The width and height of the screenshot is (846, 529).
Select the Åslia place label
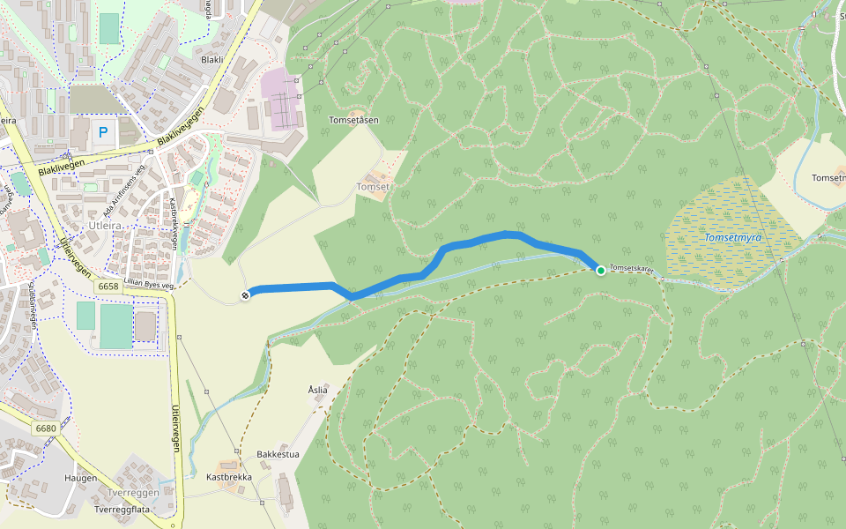tap(317, 390)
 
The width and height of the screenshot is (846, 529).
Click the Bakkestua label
tap(278, 455)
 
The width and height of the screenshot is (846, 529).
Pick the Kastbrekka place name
tap(229, 477)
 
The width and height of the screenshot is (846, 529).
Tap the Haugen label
tap(80, 478)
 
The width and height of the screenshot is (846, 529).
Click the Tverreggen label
tap(132, 493)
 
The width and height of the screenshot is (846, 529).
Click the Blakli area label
tap(212, 59)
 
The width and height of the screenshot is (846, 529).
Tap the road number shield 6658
tap(108, 287)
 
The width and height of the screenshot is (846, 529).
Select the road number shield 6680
tap(46, 428)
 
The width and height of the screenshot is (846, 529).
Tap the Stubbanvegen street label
tap(32, 304)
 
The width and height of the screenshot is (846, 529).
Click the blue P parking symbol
tap(103, 133)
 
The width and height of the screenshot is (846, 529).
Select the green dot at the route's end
tap(600, 270)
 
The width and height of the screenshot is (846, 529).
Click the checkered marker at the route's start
tap(245, 294)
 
